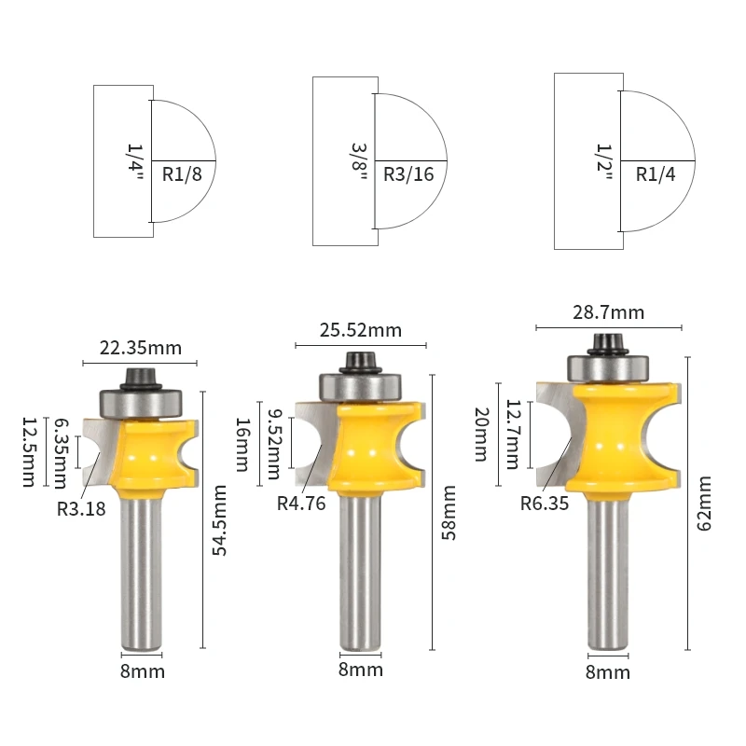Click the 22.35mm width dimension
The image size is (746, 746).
coord(140,349)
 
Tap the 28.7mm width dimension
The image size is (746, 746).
coord(609,312)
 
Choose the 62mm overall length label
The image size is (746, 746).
coord(704,503)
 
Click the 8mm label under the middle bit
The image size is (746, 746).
coord(360,670)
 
